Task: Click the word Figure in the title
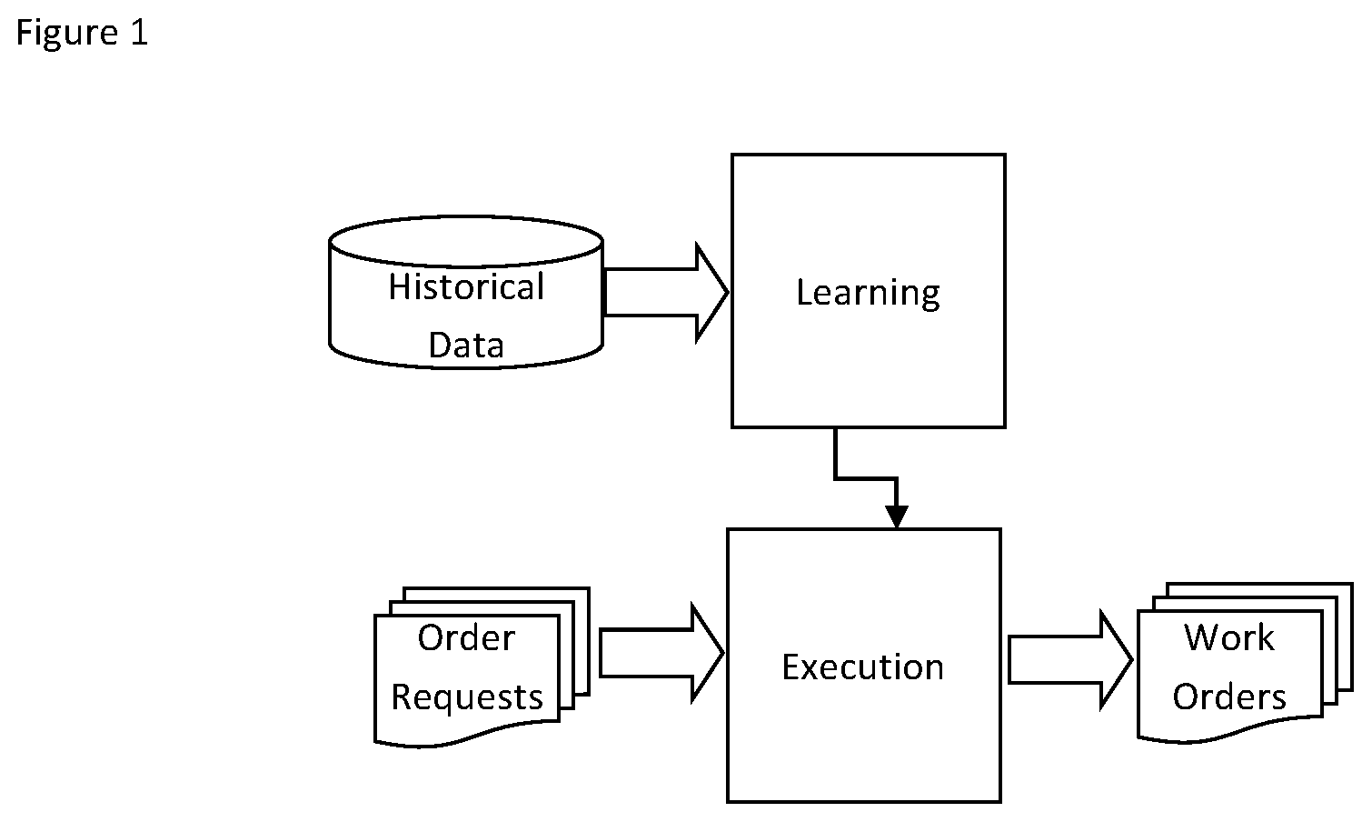[66, 33]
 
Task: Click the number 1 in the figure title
[140, 32]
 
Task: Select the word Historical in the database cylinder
[466, 286]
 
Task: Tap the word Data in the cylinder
[466, 345]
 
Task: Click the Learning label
[868, 293]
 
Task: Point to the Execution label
[863, 667]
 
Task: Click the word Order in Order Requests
[466, 637]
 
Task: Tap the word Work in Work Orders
[1229, 637]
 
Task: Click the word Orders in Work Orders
[1229, 697]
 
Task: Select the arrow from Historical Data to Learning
[666, 293]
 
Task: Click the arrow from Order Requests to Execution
[661, 653]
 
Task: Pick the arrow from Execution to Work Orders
[1070, 660]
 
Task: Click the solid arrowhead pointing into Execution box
[897, 516]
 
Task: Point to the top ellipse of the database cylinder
[466, 242]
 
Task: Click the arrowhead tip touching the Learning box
[729, 293]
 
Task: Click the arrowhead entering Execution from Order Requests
[709, 653]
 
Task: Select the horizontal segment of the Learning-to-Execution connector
[866, 477]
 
